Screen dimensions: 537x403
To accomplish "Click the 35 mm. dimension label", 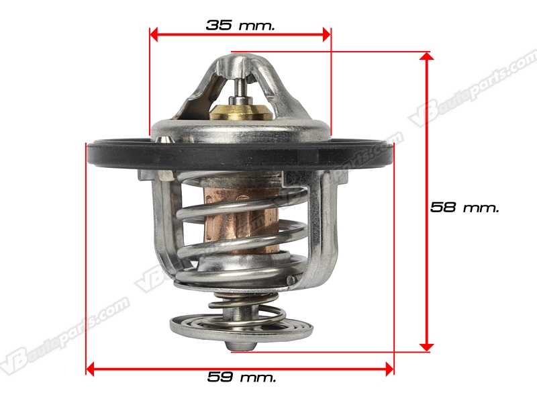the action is point(240,25).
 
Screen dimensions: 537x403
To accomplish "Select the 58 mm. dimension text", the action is point(465,208).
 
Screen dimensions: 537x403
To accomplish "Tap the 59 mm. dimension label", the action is point(242,377).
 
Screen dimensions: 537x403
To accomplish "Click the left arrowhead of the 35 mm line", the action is point(154,34).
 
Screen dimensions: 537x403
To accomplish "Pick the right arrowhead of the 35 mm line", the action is point(327,34).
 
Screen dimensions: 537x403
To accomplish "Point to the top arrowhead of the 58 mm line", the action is point(427,56).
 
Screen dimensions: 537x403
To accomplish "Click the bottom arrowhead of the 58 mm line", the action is point(427,347).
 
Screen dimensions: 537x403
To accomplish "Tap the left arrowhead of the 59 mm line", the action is point(90,369).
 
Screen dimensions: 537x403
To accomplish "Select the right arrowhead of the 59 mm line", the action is point(389,369).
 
